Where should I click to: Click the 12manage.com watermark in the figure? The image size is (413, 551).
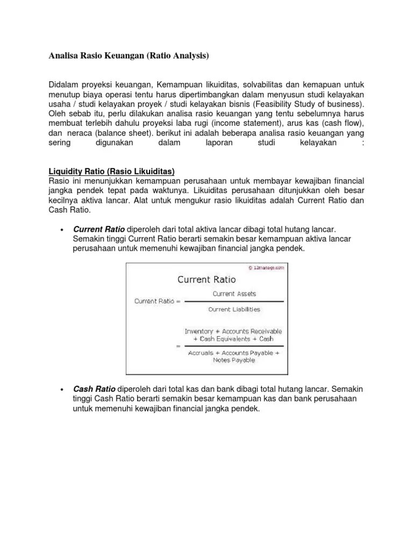tap(267, 267)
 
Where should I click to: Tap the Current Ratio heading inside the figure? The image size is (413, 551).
tap(206, 280)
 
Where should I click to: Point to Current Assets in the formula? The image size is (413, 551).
tap(234, 294)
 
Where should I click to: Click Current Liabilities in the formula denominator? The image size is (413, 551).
tap(234, 309)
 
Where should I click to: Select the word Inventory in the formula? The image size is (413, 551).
tap(198, 331)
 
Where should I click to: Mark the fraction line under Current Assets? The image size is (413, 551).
tap(234, 302)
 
